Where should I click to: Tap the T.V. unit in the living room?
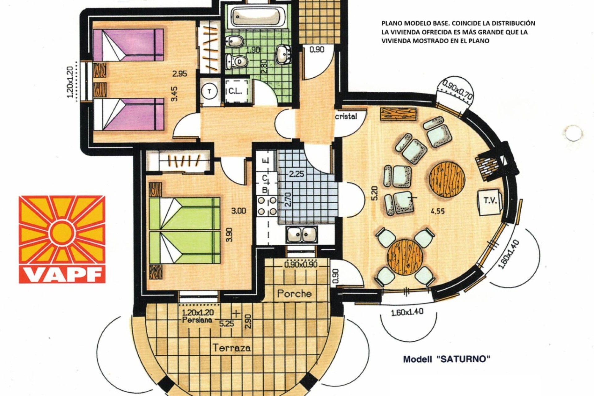pyautogui.click(x=490, y=201)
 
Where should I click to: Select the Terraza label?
pyautogui.click(x=232, y=348)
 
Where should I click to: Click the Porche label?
pyautogui.click(x=294, y=294)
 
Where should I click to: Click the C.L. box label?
pyautogui.click(x=236, y=91)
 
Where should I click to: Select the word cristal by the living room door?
pyautogui.click(x=346, y=116)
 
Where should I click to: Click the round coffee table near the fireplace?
pyautogui.click(x=446, y=179)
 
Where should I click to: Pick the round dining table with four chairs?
pyautogui.click(x=405, y=257)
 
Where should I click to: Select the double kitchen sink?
pyautogui.click(x=301, y=234)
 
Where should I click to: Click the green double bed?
pyautogui.click(x=184, y=230)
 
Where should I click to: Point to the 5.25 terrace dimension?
pyautogui.click(x=226, y=324)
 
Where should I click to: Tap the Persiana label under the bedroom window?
pyautogui.click(x=197, y=320)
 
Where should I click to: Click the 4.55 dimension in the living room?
pyautogui.click(x=437, y=211)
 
